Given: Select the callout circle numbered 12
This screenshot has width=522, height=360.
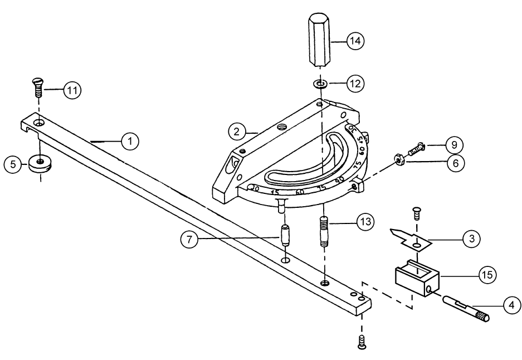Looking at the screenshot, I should pyautogui.click(x=355, y=84).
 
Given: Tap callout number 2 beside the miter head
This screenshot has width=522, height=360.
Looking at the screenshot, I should pyautogui.click(x=237, y=132).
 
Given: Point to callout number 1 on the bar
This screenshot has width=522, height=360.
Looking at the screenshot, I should pyautogui.click(x=130, y=142).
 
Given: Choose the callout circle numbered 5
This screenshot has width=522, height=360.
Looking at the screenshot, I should pyautogui.click(x=12, y=164).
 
